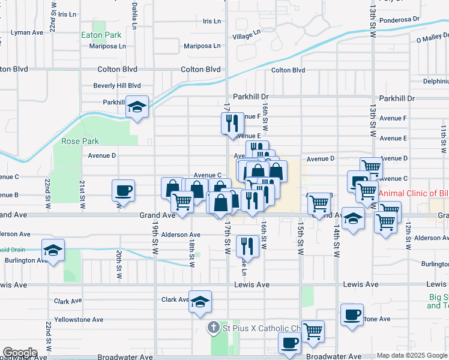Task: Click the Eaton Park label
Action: [101, 35]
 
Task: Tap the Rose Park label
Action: [80, 142]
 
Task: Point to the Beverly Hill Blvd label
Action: [116, 86]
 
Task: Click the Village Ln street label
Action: [247, 36]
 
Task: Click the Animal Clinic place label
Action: [413, 193]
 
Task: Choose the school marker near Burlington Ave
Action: [53, 250]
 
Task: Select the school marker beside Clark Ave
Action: [200, 301]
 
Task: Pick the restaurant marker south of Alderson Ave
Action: [247, 246]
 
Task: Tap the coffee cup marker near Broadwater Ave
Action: [290, 344]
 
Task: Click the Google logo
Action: [20, 353]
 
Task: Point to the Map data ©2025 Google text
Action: [412, 356]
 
